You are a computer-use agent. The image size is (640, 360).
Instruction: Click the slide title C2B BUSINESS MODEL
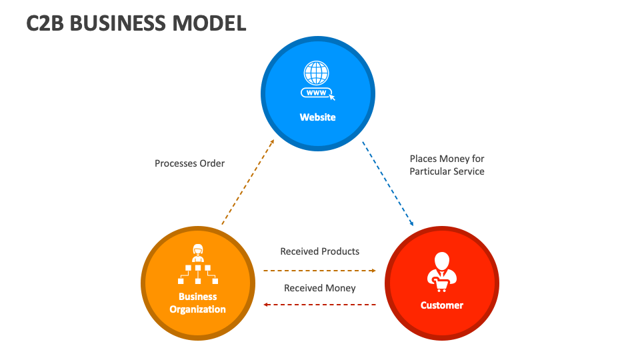point(136,23)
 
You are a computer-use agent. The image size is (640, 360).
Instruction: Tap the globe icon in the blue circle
point(317,71)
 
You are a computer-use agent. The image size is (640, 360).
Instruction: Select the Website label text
point(317,117)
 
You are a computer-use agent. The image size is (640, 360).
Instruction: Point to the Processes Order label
point(189,163)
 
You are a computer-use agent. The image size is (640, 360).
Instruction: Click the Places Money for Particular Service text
point(447,165)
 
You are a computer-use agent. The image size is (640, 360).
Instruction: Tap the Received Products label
point(319,251)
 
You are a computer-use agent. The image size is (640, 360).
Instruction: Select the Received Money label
point(319,288)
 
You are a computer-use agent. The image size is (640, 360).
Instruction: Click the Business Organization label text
point(197,303)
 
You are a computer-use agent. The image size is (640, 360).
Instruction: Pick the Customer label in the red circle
point(441,305)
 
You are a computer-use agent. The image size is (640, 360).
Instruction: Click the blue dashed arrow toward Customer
point(388,183)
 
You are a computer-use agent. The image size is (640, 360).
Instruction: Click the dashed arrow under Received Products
point(319,271)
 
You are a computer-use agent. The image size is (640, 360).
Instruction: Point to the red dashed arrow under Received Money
point(319,305)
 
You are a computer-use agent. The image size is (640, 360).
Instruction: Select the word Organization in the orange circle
point(197,309)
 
